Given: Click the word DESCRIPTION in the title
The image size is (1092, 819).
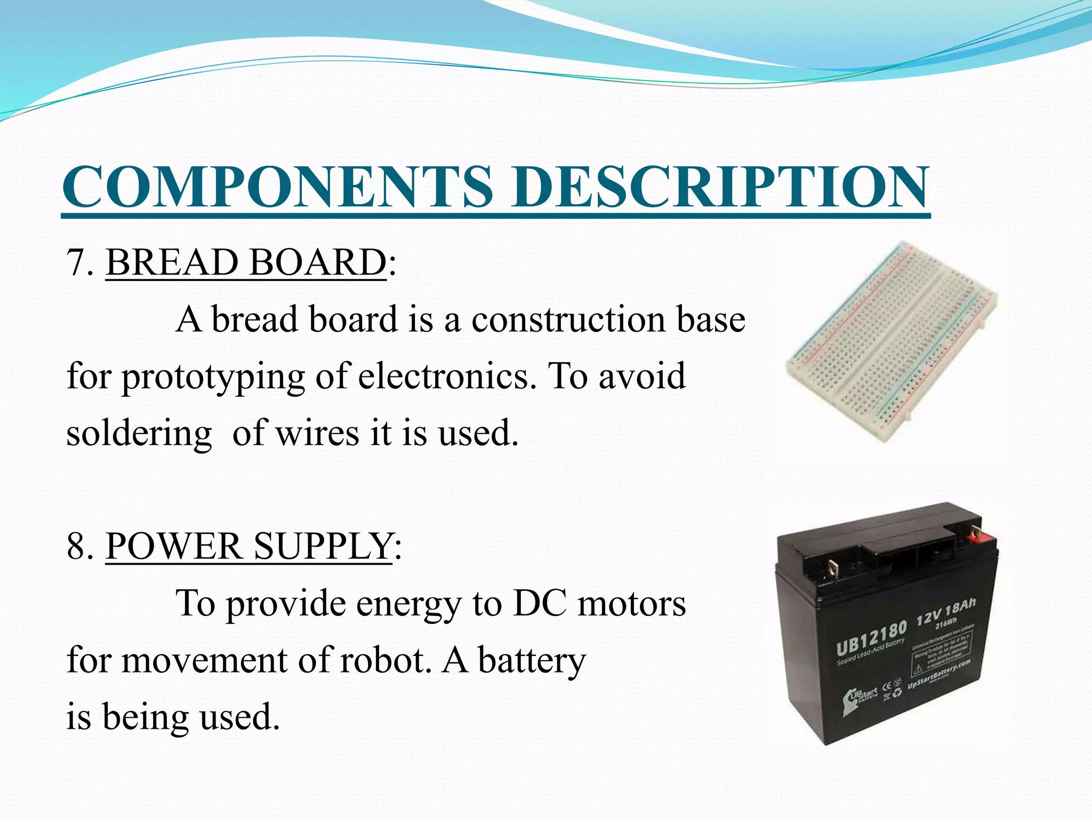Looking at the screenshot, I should pos(720,186).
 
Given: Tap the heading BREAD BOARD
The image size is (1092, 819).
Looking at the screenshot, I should pos(246,262).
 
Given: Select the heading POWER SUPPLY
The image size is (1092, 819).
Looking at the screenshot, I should pos(248,546).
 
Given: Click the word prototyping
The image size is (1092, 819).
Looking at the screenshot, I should pos(213,376).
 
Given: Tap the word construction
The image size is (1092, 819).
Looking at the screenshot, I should pos(567,319).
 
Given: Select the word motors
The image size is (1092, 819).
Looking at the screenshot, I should pos(632,604).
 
